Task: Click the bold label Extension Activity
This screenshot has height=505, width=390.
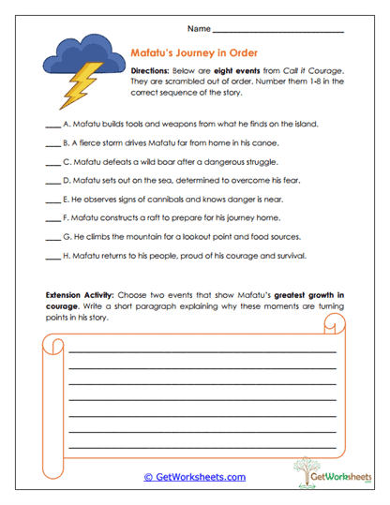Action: tap(80, 294)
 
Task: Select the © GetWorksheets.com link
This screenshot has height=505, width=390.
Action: tap(195, 476)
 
